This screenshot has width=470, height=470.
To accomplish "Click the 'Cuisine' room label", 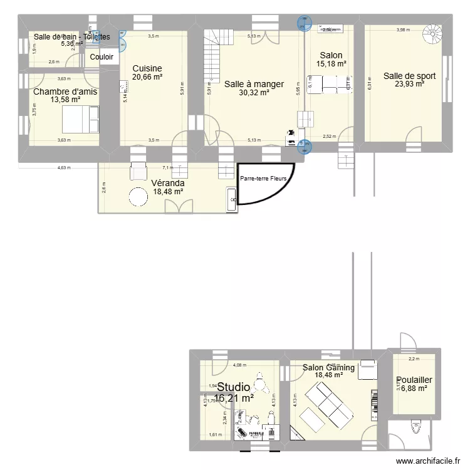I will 147,68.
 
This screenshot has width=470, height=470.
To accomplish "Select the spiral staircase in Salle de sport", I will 432,33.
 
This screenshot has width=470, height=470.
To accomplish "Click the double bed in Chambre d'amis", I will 80,115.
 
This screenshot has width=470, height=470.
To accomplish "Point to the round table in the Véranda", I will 138,197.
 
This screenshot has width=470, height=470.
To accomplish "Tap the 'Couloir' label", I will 102,57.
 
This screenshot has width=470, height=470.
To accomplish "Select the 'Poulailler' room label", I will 414,380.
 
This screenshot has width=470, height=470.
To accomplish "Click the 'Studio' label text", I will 234,387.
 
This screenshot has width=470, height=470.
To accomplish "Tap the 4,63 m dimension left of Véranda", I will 64,168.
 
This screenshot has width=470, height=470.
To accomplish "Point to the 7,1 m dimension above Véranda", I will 167,168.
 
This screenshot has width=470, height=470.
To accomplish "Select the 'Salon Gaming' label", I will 328,368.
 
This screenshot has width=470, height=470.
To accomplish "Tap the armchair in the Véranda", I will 138,172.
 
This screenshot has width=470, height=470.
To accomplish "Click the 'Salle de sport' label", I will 409,76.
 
